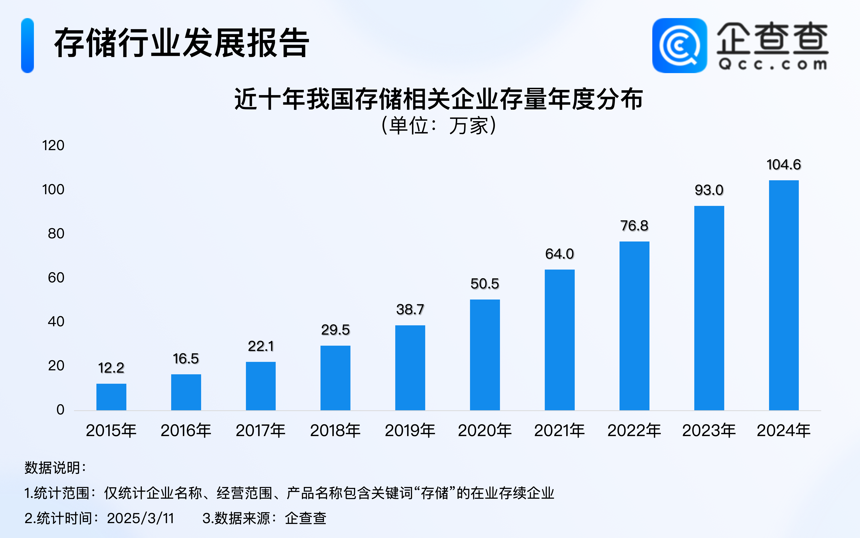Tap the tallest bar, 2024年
784,295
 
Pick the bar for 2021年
559,340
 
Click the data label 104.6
784,165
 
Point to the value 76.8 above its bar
634,226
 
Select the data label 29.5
335,330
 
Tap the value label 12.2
111,368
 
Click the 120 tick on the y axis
53,146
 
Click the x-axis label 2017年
261,431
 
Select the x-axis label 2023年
709,431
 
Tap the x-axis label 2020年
485,431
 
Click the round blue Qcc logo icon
679,46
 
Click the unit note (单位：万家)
439,126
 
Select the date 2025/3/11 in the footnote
140,518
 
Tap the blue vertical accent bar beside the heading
27,46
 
